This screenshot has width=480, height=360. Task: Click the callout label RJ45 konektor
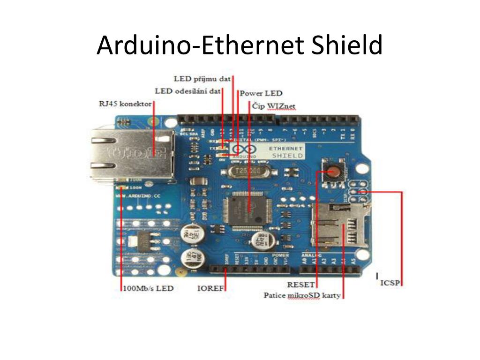[x=125, y=104]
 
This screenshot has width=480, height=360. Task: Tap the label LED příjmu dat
[x=202, y=78]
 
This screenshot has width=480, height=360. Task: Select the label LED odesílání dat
[x=187, y=91]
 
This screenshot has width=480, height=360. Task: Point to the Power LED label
[x=261, y=93]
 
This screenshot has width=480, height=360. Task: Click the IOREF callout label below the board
[x=210, y=288]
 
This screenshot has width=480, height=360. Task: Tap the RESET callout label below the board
[x=300, y=285]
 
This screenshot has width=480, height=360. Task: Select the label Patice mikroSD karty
[x=302, y=296]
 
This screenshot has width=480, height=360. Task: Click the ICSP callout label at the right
[x=390, y=283]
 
